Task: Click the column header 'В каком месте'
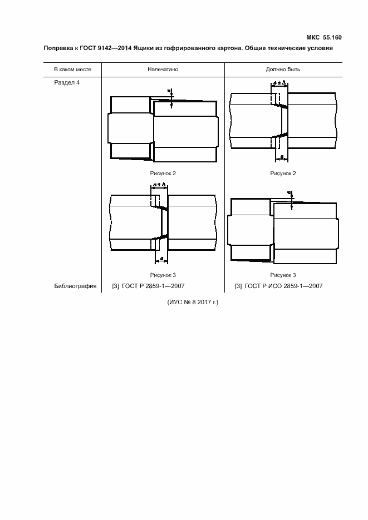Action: pos(73,70)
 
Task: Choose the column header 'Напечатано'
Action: pos(163,70)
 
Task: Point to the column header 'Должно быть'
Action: pos(283,70)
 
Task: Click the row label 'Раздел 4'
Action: pos(67,82)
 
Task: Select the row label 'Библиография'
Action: pos(75,286)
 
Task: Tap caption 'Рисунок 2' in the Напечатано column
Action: pos(163,174)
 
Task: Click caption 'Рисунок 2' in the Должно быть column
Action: pos(283,174)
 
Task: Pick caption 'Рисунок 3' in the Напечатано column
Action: pos(163,275)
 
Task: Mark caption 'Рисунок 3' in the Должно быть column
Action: pos(283,275)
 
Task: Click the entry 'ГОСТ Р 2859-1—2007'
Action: pos(153,286)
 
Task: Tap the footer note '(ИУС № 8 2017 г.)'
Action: pos(193,303)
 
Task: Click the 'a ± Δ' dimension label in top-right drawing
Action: pos(279,82)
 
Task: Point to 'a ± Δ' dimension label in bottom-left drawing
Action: pos(159,184)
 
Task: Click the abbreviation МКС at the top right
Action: pos(313,37)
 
